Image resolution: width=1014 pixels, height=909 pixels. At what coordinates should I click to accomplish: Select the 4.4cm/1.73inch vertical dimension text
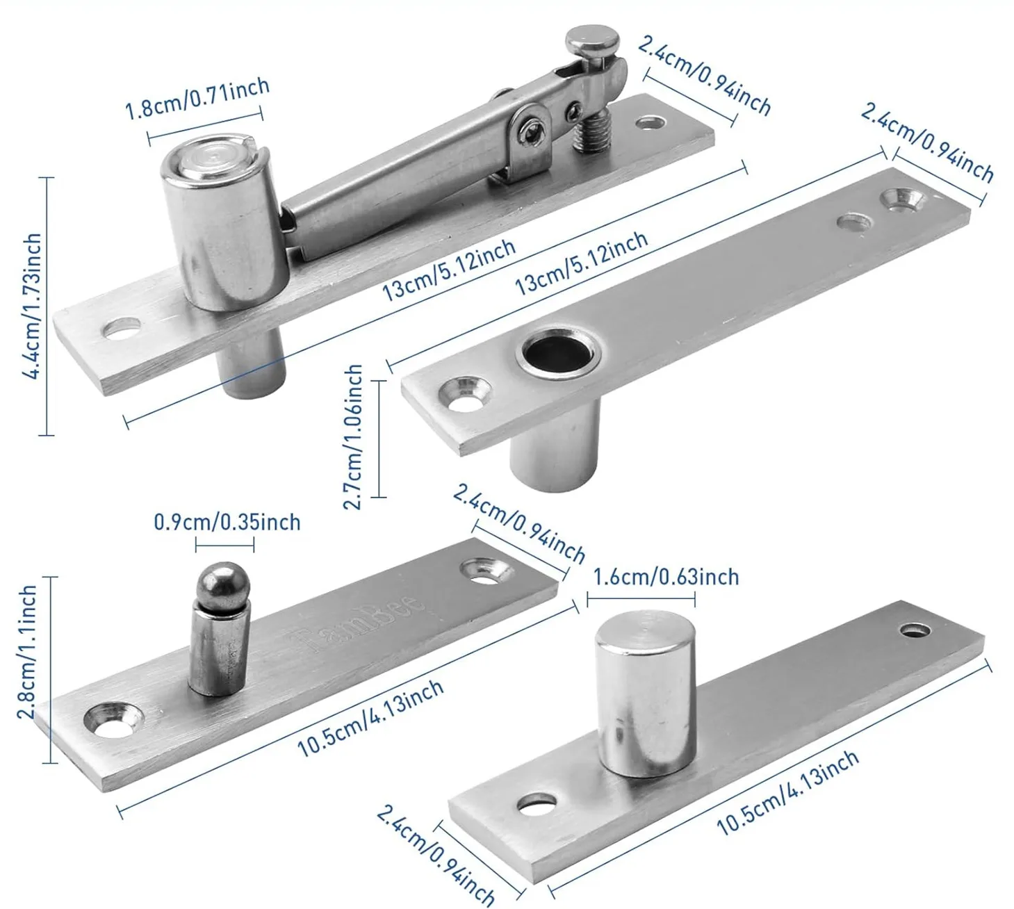pos(31,306)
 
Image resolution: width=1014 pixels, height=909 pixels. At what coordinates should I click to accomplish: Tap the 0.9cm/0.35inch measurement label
pos(227,522)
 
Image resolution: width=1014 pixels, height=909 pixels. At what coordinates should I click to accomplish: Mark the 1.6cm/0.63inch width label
pos(665,577)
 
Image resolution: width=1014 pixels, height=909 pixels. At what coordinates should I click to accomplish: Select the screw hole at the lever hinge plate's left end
pos(122,328)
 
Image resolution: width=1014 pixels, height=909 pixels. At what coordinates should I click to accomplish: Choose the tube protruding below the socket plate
pos(554,452)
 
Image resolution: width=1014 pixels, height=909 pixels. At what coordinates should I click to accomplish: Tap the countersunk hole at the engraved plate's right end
pos(489,570)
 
